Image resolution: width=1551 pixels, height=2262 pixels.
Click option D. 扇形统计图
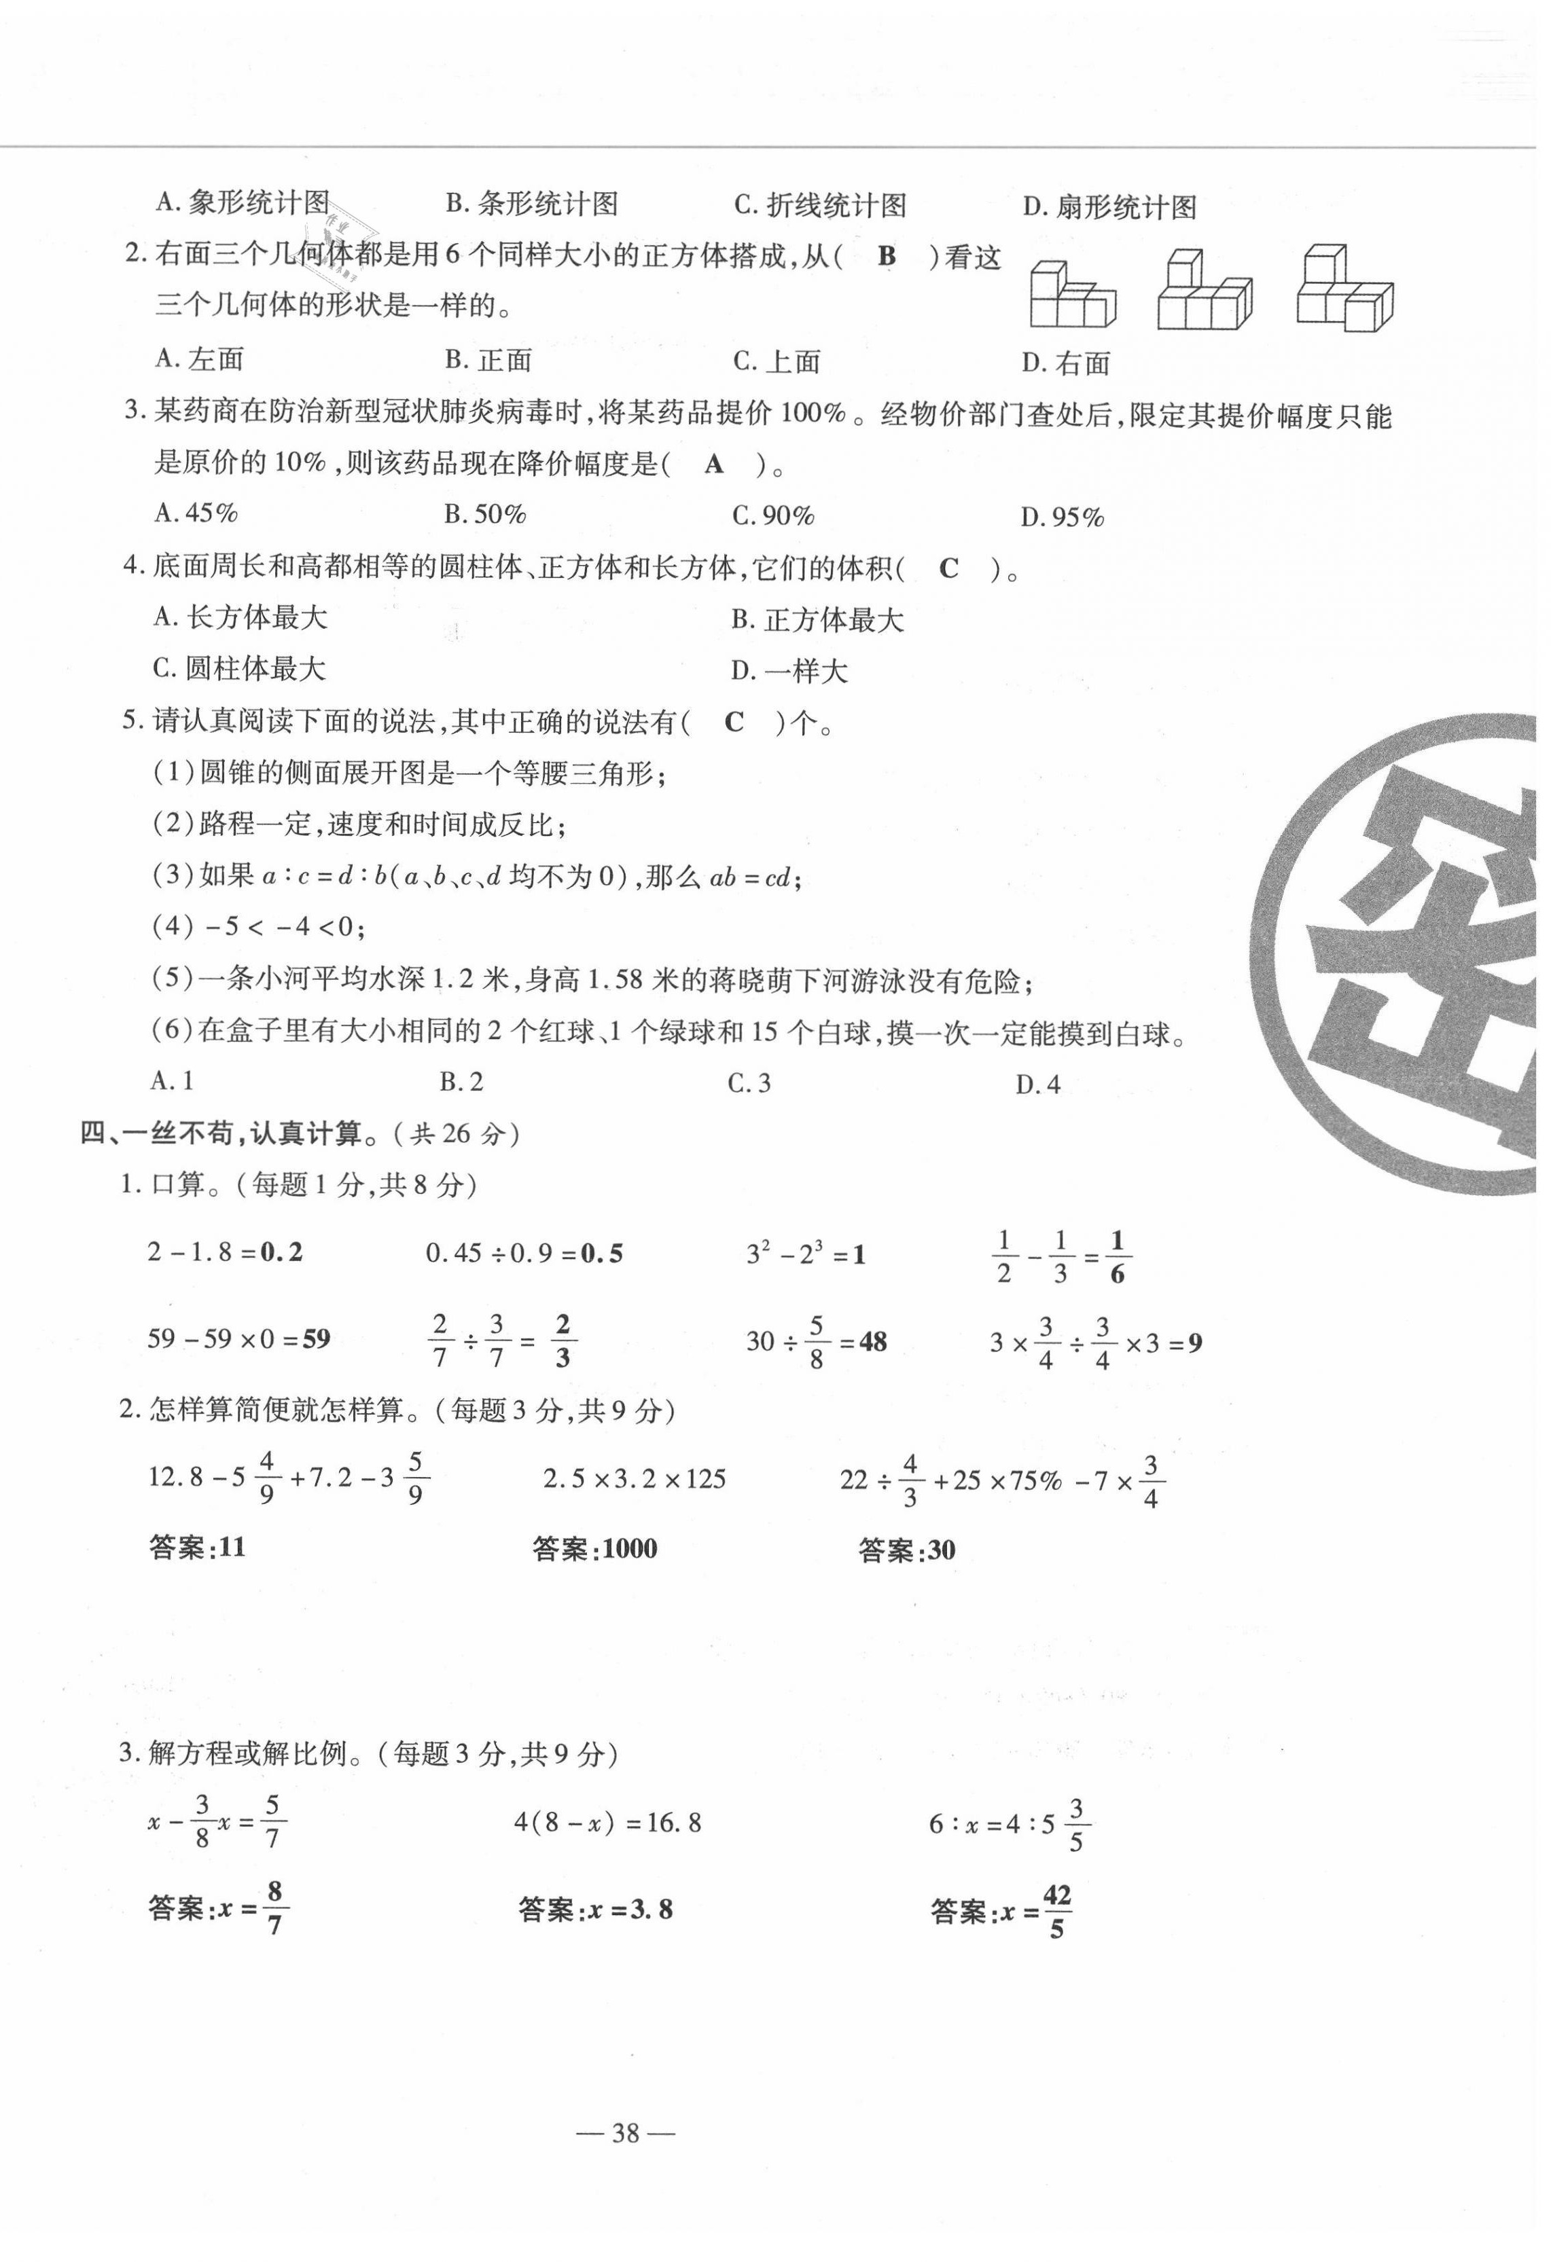pos(1109,207)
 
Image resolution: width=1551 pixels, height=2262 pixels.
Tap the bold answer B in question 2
pos(886,256)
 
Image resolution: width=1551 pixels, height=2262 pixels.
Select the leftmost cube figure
pos(1072,295)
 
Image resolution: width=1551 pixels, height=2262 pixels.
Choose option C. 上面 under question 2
pos(777,361)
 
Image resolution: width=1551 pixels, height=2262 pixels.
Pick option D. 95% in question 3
pos(1063,517)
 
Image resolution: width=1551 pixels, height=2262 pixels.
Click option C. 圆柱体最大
pos(240,669)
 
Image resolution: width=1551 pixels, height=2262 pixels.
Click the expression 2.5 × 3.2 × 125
pos(635,1480)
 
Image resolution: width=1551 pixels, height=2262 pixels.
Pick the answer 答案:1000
pos(595,1548)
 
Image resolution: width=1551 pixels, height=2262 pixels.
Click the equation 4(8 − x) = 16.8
pos(607,1822)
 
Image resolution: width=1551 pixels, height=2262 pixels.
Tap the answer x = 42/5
pos(1001,1912)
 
